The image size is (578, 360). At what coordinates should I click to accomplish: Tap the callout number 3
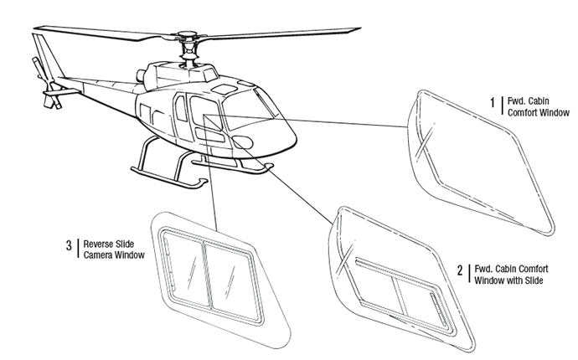tap(69, 245)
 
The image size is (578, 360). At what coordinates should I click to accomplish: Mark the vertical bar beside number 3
tap(78, 247)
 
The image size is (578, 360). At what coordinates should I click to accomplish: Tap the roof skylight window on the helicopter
tap(226, 87)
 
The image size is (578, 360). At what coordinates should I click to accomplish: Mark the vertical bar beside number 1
tap(500, 104)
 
